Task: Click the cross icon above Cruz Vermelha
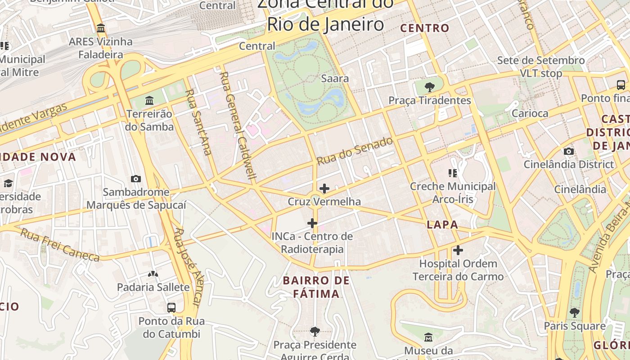(324, 188)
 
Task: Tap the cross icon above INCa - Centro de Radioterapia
(312, 223)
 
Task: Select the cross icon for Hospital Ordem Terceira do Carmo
(458, 250)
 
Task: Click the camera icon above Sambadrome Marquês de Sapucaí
(135, 179)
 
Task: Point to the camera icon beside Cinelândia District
(569, 151)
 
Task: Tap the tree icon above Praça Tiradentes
(429, 87)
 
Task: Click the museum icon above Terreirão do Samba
(149, 100)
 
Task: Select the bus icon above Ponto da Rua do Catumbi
(171, 308)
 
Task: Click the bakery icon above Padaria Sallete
(153, 274)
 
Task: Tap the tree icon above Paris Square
(574, 312)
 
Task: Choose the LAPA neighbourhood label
(442, 225)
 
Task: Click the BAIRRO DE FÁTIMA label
(316, 287)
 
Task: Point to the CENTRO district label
(425, 28)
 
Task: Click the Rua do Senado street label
(355, 151)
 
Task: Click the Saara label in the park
(334, 78)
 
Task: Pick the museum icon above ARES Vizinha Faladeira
(101, 28)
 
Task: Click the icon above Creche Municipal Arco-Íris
(452, 173)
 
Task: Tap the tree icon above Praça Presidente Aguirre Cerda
(315, 332)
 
